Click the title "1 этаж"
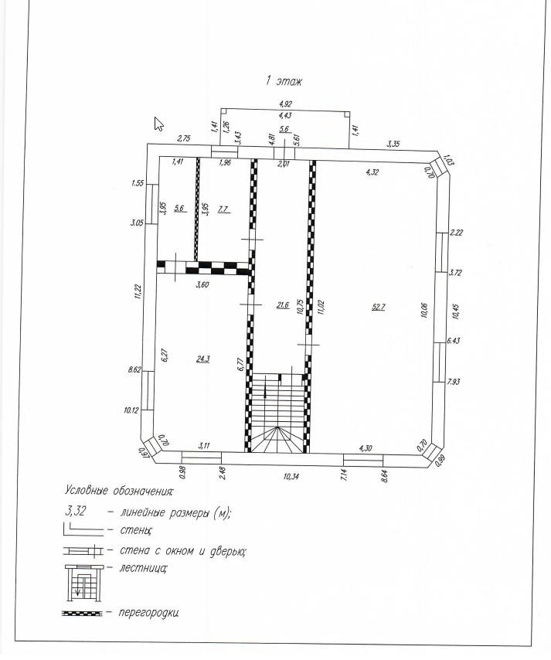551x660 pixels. click(x=284, y=80)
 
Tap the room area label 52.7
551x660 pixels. click(x=379, y=307)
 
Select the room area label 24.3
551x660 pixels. click(x=203, y=359)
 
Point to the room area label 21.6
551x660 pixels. click(x=282, y=305)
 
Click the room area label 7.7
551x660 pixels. click(x=223, y=209)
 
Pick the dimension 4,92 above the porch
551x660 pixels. click(x=285, y=103)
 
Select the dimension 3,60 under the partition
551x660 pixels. click(x=202, y=284)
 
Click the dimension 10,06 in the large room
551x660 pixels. click(x=424, y=308)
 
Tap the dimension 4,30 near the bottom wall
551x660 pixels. click(x=366, y=448)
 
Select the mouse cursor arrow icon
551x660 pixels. click(x=159, y=124)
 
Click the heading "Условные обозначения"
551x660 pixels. click(x=119, y=491)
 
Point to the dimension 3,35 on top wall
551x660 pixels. click(x=393, y=144)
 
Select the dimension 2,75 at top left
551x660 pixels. click(x=184, y=138)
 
